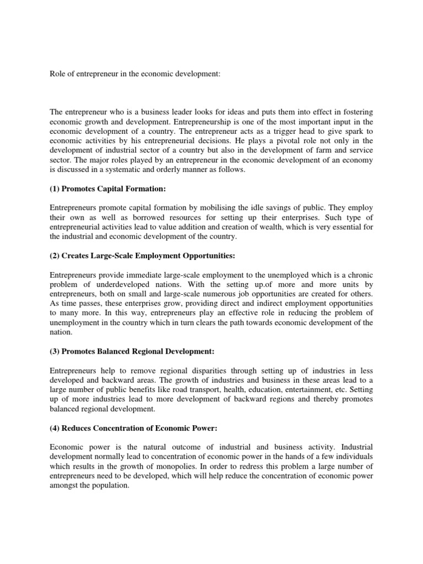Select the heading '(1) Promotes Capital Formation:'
tap(107, 189)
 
